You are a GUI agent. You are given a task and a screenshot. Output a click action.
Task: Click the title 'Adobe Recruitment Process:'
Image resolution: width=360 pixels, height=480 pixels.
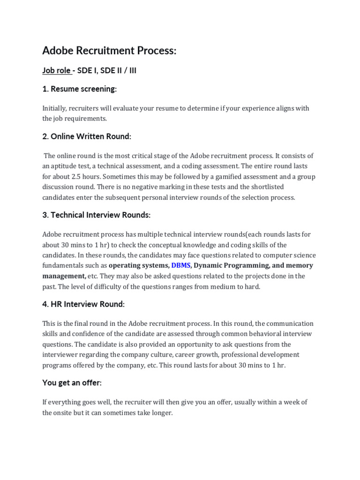[109, 51]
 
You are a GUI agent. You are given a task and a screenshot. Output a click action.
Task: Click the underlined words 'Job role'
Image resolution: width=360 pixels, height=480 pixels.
[56, 71]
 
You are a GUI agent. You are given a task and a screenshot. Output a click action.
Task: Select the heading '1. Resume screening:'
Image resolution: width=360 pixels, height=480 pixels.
[79, 89]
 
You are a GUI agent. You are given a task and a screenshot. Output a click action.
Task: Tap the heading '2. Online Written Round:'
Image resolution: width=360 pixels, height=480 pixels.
[87, 136]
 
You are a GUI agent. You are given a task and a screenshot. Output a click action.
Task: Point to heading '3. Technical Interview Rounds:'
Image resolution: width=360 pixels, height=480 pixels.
[97, 215]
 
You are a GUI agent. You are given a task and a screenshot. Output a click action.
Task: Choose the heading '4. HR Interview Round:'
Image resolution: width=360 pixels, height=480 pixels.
[83, 304]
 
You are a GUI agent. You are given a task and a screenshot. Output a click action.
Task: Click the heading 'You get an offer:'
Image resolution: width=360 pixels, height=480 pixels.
[72, 382]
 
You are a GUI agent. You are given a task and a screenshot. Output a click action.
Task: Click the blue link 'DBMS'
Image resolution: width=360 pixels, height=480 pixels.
[181, 265]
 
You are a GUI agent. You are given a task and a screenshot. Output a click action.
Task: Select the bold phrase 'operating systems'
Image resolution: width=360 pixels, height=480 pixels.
[138, 265]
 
